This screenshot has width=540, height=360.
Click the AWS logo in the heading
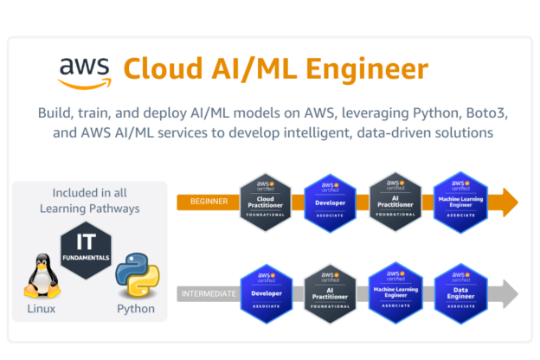(85, 72)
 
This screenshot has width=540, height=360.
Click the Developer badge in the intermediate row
(263, 293)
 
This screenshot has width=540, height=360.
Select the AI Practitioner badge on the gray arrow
(329, 293)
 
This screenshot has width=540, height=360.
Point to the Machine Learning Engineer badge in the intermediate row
(394, 293)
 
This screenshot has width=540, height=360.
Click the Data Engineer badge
(459, 293)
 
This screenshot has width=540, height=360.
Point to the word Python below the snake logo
(136, 308)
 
